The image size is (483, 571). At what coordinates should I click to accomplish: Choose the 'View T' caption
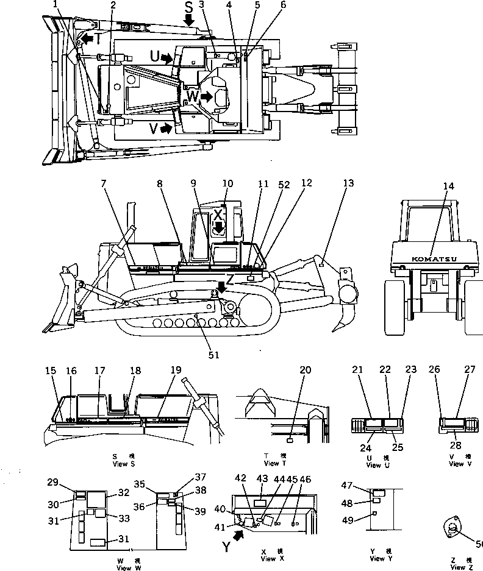coord(272,464)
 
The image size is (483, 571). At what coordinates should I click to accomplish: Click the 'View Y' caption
coord(377,559)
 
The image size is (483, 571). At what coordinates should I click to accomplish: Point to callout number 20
coord(305,370)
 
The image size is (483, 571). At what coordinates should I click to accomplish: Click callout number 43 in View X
coord(262,479)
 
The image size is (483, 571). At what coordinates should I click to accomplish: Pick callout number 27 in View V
coord(470,369)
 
